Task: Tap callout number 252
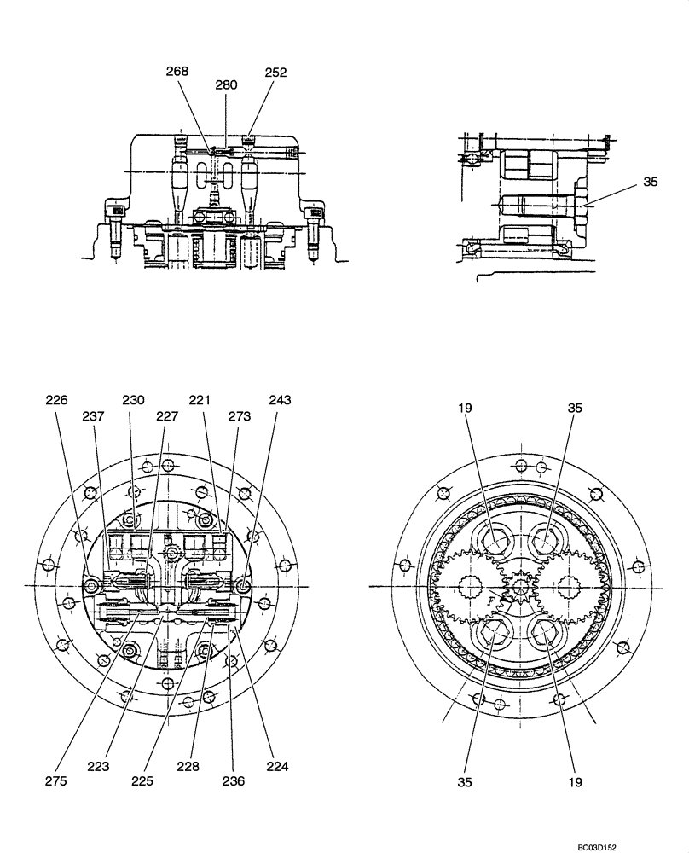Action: point(275,73)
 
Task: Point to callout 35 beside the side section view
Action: point(651,182)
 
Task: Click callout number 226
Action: point(58,399)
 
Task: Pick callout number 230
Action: point(133,399)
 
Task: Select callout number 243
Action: point(279,399)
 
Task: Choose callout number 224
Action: point(277,766)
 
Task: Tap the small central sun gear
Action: point(520,587)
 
